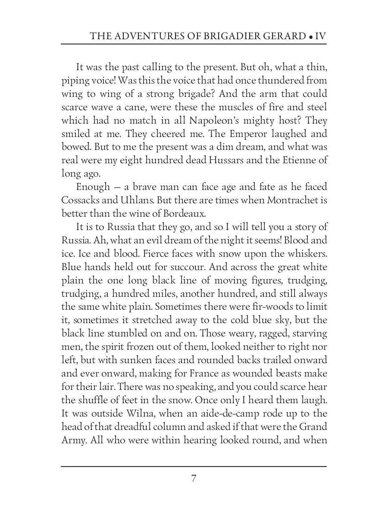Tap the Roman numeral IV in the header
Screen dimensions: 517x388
point(320,36)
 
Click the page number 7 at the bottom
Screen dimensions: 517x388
point(194,478)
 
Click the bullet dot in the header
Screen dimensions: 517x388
point(310,37)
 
